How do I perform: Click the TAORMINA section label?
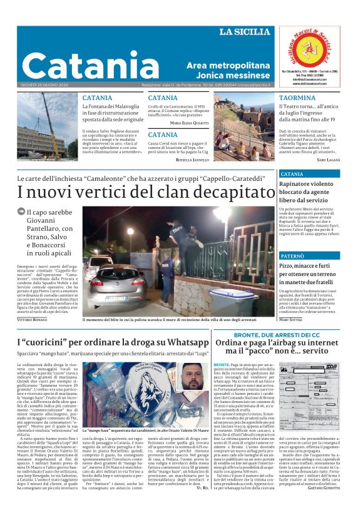(279, 98)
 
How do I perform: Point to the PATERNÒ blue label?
(292, 257)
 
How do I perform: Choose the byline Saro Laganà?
(330, 160)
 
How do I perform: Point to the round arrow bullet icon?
(21, 212)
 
